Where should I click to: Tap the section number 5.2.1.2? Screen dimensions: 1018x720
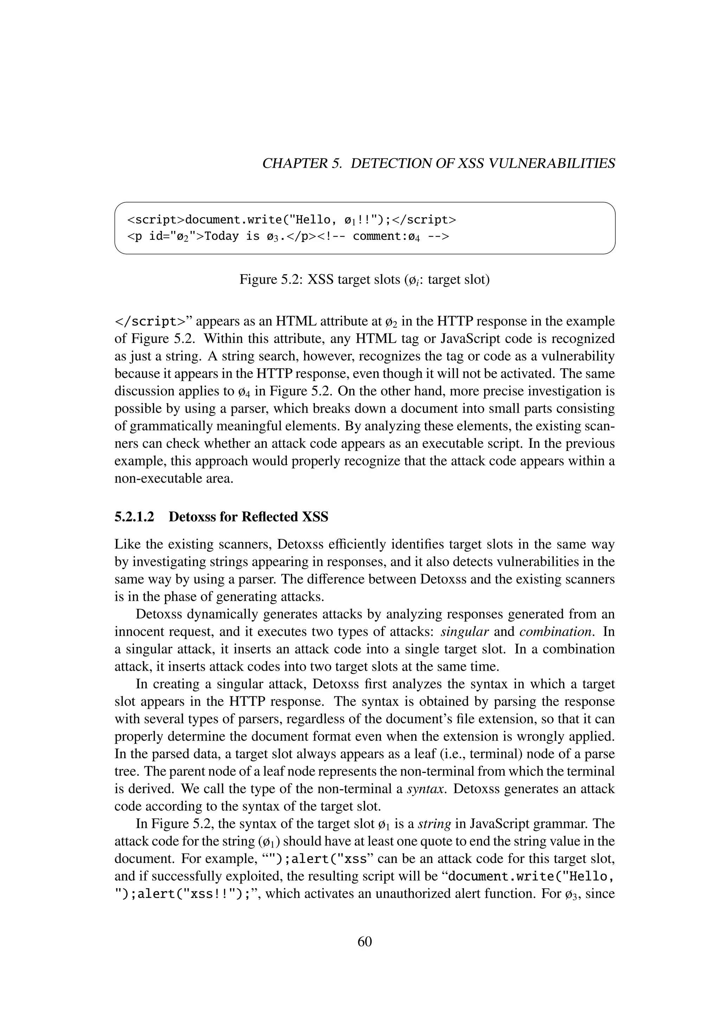(x=134, y=517)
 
